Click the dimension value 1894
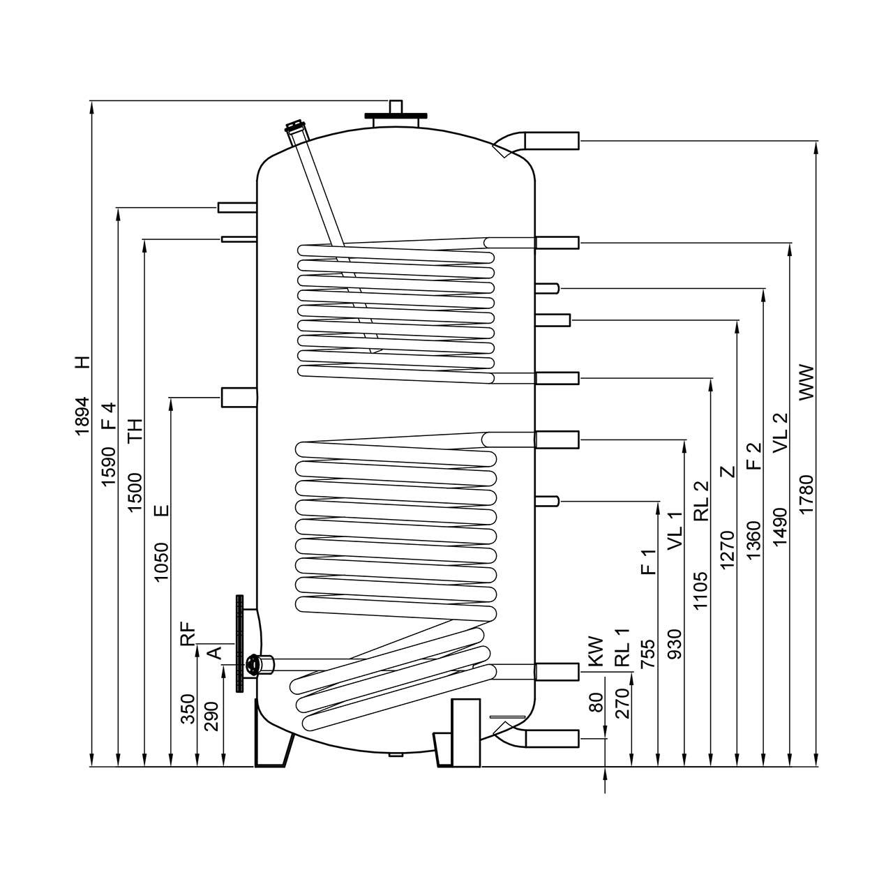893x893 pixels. point(82,416)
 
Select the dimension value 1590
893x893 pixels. point(108,467)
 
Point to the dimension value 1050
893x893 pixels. point(161,562)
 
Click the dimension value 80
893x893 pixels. point(596,702)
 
